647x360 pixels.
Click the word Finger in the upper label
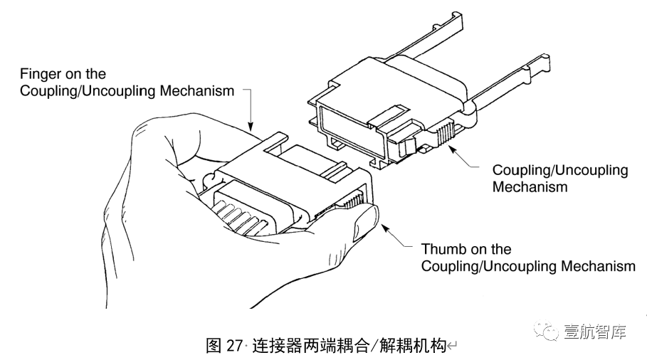pos(40,74)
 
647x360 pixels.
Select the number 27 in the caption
pos(234,346)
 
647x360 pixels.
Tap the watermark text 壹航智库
pos(596,332)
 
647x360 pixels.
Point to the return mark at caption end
pos(451,347)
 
